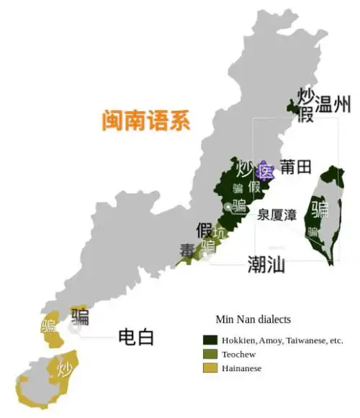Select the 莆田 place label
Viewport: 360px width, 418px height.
(295, 167)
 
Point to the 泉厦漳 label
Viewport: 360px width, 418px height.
(277, 214)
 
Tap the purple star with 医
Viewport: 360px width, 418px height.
(266, 171)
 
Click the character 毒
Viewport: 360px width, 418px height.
(187, 251)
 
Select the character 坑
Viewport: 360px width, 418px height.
(219, 234)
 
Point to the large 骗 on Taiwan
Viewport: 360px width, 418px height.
(320, 209)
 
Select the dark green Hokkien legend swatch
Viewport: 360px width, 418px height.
(210, 339)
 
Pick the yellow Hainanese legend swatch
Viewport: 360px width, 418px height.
(210, 368)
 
